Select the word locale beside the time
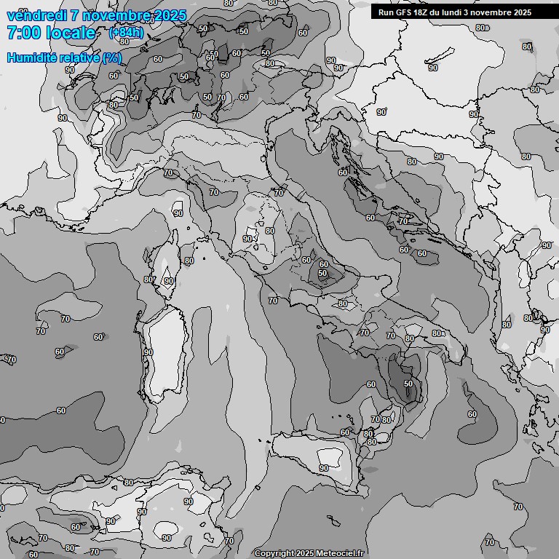[x=70, y=33]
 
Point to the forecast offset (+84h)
[x=125, y=33]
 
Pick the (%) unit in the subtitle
[x=112, y=58]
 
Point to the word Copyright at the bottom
[x=274, y=553]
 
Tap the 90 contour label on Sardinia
[x=148, y=352]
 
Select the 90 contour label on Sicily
[x=323, y=468]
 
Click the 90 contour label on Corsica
[x=169, y=280]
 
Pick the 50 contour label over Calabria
[x=408, y=384]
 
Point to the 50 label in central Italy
[x=322, y=274]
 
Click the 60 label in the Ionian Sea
[x=472, y=414]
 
